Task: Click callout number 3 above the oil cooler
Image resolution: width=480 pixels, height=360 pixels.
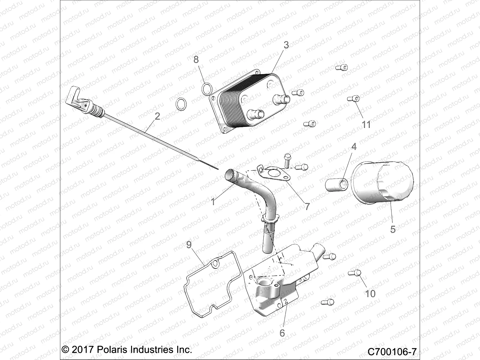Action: pos(286,45)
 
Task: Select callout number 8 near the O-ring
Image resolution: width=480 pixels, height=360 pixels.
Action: pos(196,59)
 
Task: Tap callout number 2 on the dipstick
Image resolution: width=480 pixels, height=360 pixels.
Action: pos(157,116)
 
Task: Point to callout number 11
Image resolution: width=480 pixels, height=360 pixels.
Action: pos(366,124)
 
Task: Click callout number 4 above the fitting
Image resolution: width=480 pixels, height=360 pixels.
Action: pos(354,147)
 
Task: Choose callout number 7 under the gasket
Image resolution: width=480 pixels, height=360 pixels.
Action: pos(307,206)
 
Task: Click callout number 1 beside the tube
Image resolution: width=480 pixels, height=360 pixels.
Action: pos(213,202)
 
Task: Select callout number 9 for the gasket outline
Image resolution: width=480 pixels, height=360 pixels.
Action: pos(189,245)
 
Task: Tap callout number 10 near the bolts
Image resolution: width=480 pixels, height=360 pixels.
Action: pos(370,293)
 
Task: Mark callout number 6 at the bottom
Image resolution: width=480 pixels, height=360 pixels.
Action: pos(282,333)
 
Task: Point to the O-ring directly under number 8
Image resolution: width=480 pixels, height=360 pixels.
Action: pos(206,88)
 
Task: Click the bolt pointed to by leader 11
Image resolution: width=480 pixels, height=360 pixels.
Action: pos(353,99)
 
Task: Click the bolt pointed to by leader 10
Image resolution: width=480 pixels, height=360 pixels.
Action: pos(354,273)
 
